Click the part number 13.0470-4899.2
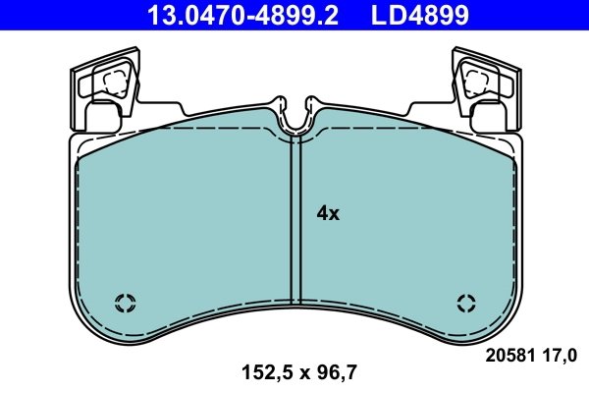point(235,15)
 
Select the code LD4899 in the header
point(418,15)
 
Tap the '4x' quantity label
point(327,212)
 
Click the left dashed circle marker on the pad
point(125,302)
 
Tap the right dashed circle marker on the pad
point(465,302)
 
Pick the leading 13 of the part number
point(157,15)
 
